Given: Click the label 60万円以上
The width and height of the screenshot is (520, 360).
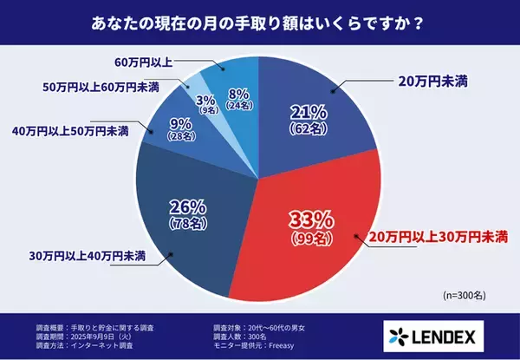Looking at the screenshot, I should [144, 62].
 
